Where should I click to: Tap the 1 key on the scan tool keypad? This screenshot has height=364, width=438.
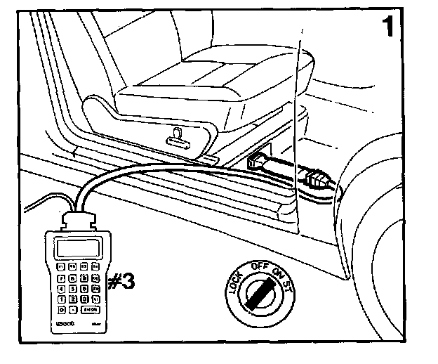pyautogui.click(x=61, y=298)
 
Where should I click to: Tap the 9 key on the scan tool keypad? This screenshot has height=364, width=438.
pyautogui.click(x=84, y=278)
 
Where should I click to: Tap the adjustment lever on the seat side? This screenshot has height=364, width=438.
pyautogui.click(x=178, y=138)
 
